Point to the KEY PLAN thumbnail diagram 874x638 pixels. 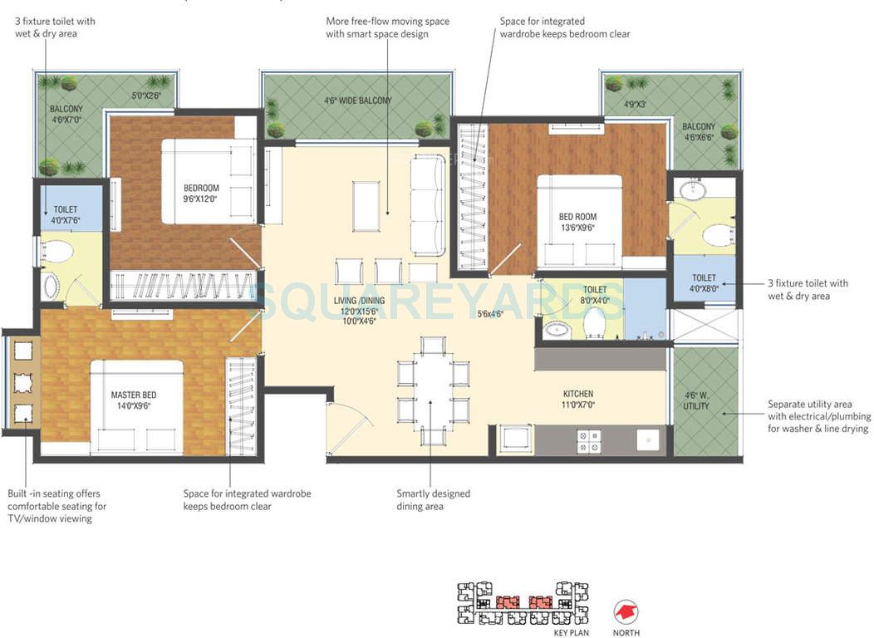coord(523,603)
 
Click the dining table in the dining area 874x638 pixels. coord(433,391)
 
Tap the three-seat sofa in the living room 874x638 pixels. coord(429,204)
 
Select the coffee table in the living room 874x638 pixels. coord(366,204)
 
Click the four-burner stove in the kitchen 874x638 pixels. coord(590,440)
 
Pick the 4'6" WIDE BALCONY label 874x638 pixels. coord(357,101)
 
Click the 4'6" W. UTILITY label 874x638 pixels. coord(696,400)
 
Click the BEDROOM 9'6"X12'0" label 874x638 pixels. coord(202,193)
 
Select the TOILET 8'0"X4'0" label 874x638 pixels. coord(595,295)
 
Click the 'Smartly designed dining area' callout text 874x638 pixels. coord(433,499)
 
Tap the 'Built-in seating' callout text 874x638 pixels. coord(56,506)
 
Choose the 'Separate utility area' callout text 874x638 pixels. coord(818,417)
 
